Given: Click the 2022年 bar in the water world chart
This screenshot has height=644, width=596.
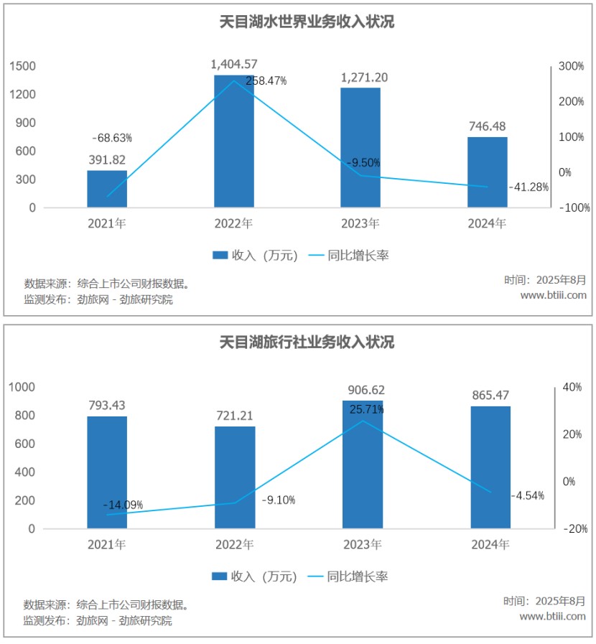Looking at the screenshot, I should [234, 144].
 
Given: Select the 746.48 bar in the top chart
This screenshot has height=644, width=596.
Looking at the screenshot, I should [488, 172].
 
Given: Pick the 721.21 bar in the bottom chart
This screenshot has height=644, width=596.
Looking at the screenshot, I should [235, 477].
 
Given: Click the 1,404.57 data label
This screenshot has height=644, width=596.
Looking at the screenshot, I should [234, 65].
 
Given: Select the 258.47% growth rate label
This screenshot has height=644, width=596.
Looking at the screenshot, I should [266, 81].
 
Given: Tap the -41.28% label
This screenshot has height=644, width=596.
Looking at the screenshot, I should [529, 187].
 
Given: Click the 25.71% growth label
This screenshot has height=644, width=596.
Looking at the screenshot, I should [366, 409].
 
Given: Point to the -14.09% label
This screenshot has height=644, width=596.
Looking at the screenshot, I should [123, 505].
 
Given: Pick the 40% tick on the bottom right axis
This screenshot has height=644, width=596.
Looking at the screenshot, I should [572, 387].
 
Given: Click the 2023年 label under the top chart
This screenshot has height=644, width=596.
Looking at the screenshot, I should [360, 224].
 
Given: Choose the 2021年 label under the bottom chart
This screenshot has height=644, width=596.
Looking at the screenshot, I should [107, 545].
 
